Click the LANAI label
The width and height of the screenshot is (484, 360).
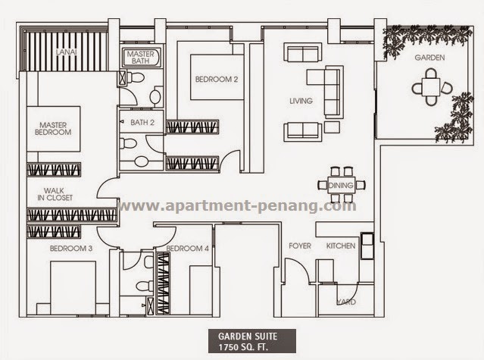click(x=67, y=52)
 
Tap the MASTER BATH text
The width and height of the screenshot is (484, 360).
click(x=140, y=58)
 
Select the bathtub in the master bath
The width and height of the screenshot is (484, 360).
click(x=141, y=58)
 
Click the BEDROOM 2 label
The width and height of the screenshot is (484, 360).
click(x=217, y=80)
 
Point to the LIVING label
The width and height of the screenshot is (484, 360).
click(x=301, y=101)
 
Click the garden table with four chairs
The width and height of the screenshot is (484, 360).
click(x=432, y=86)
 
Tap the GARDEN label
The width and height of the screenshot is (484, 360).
click(x=429, y=58)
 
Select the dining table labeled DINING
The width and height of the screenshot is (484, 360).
click(x=341, y=185)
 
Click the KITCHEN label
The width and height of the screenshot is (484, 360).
click(x=341, y=246)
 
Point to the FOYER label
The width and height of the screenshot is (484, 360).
click(x=300, y=246)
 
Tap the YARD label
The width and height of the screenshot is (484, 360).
click(x=346, y=302)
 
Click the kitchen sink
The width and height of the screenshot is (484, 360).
click(x=367, y=246)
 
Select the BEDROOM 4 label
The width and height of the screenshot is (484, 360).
click(x=187, y=249)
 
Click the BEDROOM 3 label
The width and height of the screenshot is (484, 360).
click(x=71, y=249)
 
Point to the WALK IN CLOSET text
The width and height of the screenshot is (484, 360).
click(x=55, y=194)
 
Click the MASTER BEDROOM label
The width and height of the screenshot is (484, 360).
click(x=53, y=129)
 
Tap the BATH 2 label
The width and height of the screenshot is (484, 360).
click(x=142, y=122)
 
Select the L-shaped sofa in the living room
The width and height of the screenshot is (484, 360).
click(x=325, y=92)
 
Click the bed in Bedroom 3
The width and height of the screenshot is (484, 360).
click(x=73, y=288)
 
